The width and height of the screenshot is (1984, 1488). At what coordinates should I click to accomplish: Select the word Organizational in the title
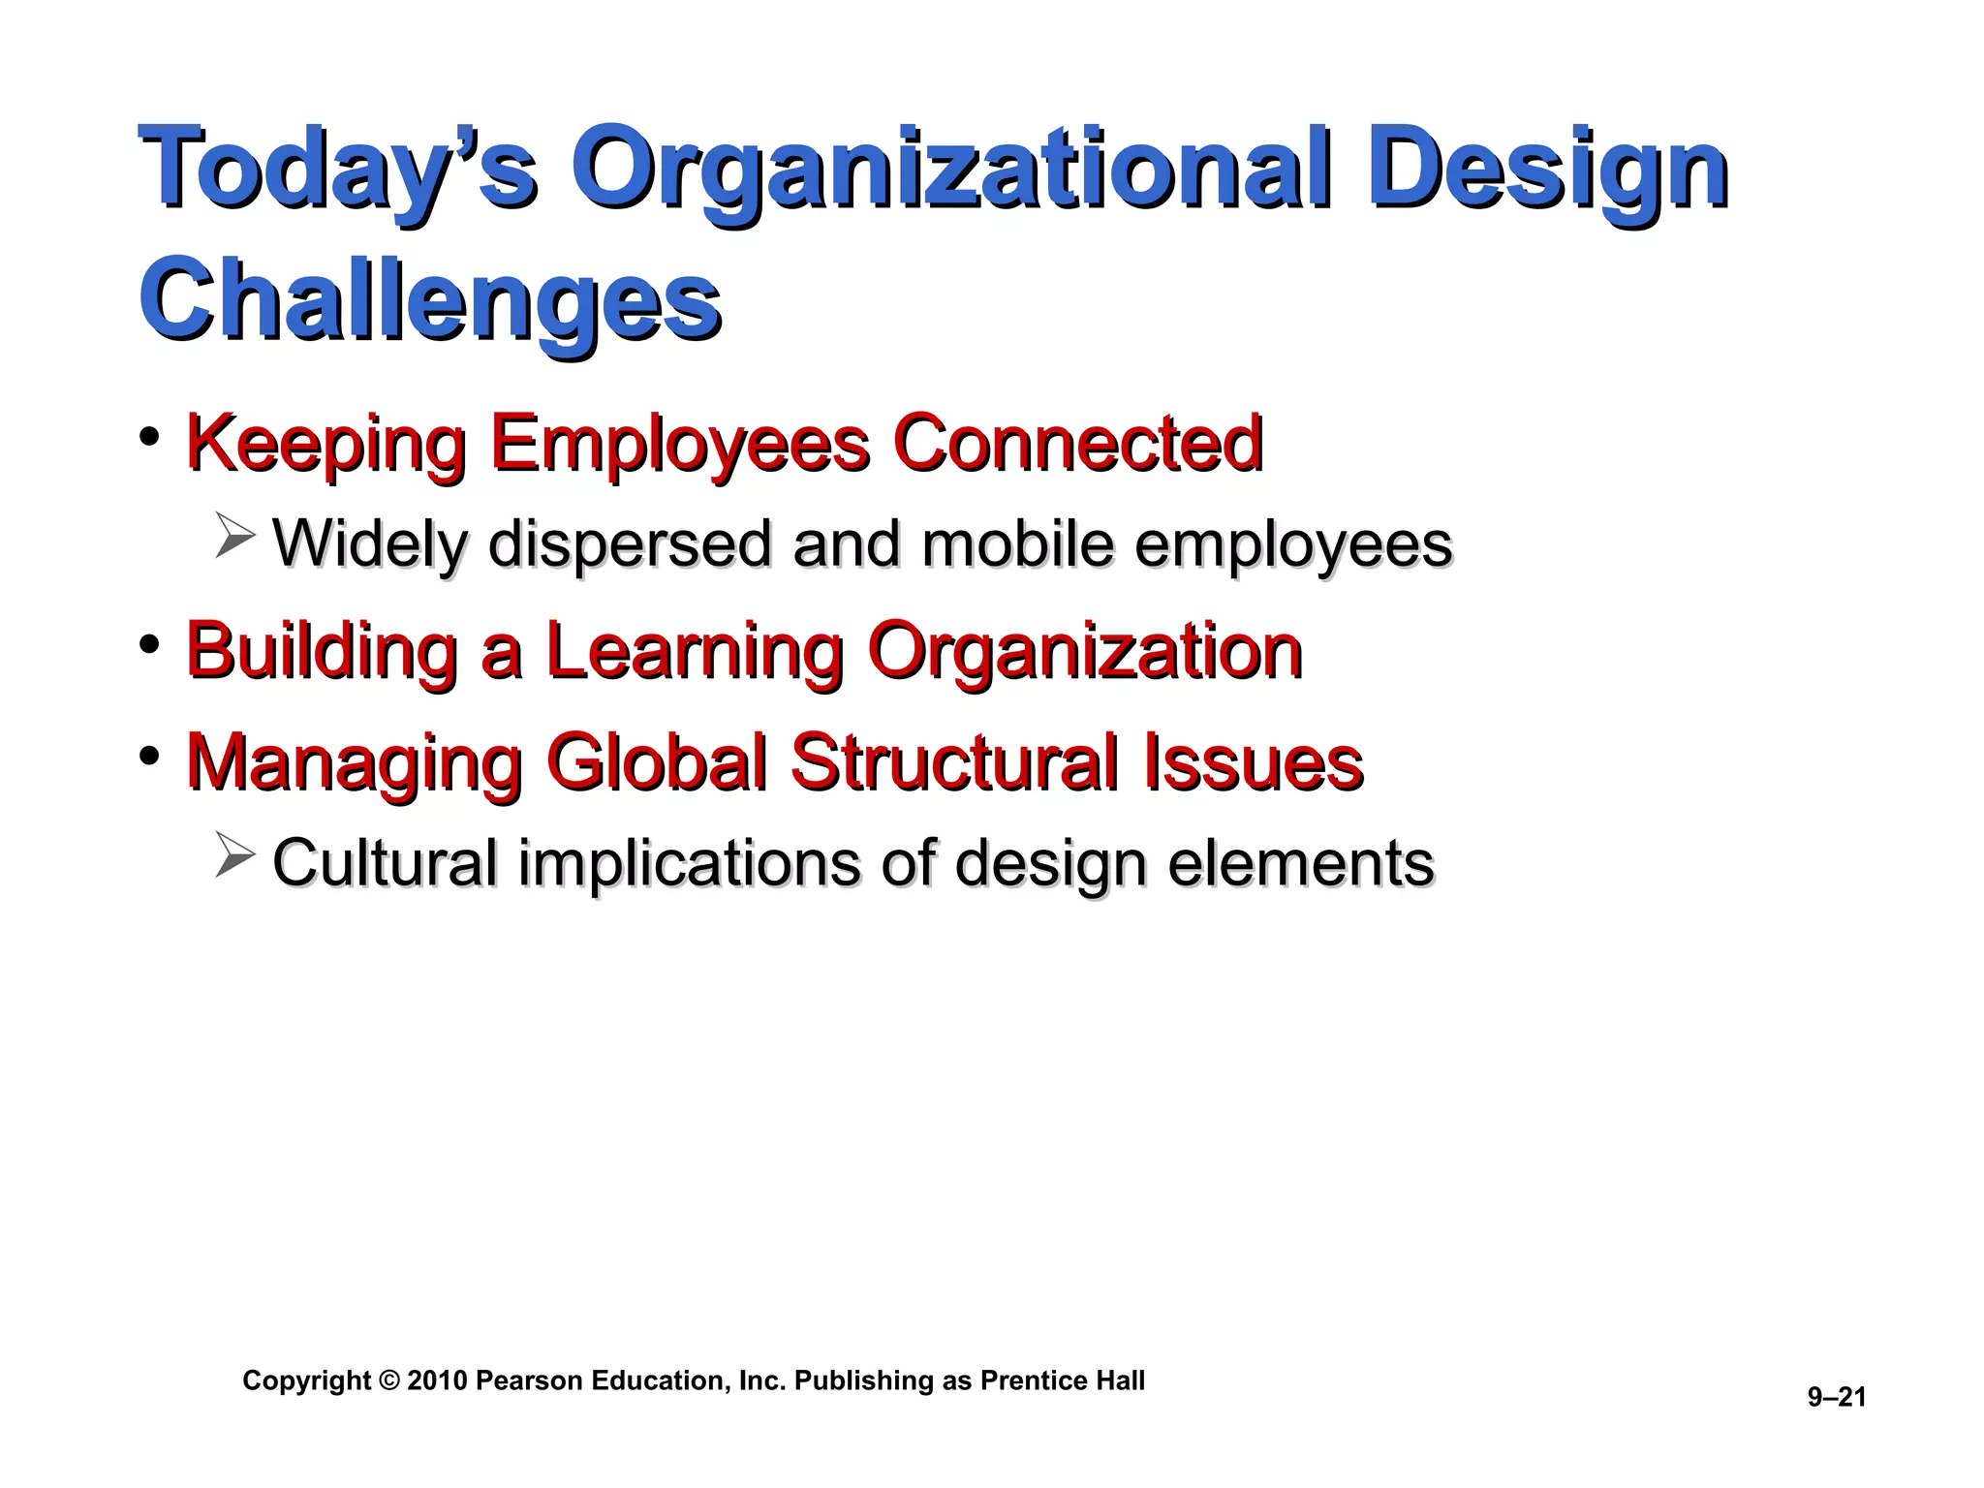click(x=954, y=170)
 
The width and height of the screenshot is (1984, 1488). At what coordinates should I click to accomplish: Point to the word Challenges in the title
click(x=430, y=300)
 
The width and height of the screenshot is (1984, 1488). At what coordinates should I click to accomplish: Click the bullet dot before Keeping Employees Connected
click(x=149, y=437)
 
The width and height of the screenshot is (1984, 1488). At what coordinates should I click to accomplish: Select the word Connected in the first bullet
click(x=1077, y=443)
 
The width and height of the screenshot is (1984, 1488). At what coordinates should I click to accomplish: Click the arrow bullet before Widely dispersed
click(x=234, y=537)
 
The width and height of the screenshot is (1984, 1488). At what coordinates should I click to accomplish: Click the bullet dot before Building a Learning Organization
click(x=149, y=643)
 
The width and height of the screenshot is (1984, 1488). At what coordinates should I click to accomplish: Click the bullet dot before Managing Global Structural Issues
click(x=149, y=755)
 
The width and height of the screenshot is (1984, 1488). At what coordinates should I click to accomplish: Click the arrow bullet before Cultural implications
click(x=234, y=854)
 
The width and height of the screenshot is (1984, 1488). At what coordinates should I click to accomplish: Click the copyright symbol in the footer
click(x=388, y=1380)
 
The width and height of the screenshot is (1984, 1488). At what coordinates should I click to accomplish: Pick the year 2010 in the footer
click(x=437, y=1380)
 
